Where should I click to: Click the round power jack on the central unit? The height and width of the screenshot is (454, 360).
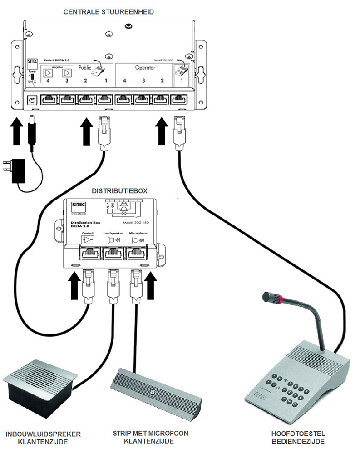32,100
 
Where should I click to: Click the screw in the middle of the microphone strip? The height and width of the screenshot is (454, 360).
153,392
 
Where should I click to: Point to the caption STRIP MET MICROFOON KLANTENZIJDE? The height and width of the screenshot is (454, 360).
150,437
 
